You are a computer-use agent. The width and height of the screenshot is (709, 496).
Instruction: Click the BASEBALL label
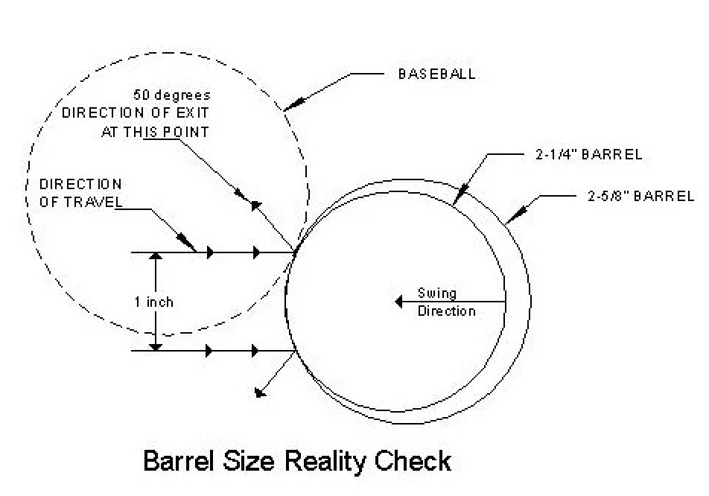tap(436, 74)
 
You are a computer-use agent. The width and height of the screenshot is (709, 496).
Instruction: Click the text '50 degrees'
tap(172, 95)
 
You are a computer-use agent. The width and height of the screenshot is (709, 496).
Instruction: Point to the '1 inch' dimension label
tap(154, 302)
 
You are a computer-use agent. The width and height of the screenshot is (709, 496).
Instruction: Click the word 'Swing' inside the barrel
tap(437, 293)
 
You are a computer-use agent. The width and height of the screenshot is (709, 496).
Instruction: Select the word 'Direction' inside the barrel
tap(446, 311)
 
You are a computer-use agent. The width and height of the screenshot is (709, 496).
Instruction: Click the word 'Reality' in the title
tap(310, 460)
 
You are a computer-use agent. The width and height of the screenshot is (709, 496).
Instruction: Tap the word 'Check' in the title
tap(412, 460)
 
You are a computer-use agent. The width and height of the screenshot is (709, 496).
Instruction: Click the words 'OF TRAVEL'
tap(80, 200)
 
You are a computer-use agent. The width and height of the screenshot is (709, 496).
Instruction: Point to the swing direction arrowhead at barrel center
tap(399, 302)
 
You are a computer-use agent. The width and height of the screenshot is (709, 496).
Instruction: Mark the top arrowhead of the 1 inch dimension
tap(156, 258)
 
